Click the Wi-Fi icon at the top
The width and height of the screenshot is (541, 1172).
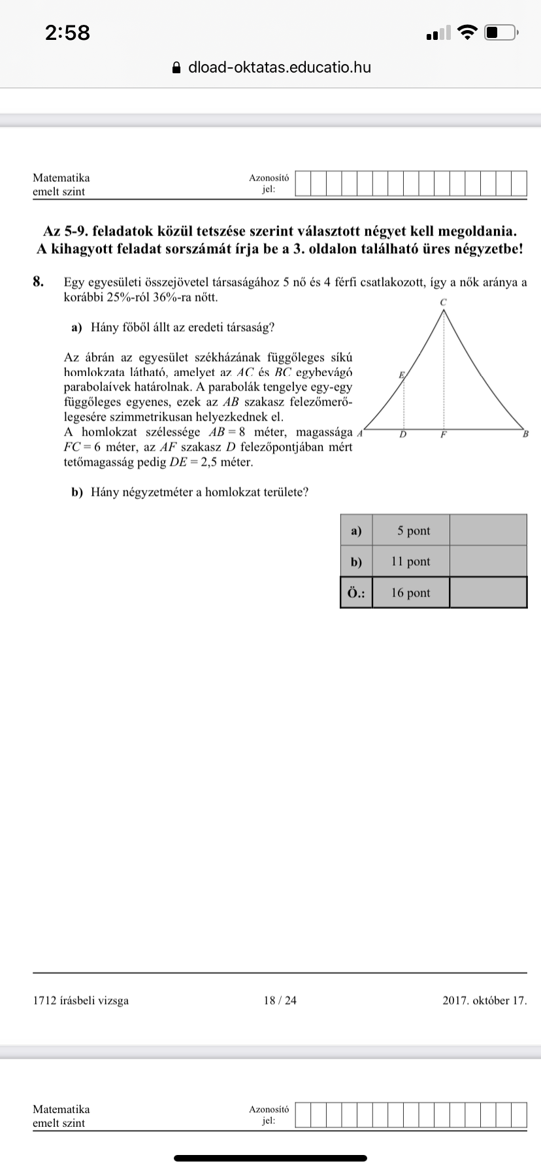point(468,31)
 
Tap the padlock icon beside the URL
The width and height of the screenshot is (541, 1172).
point(175,67)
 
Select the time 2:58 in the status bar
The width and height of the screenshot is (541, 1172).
point(67,32)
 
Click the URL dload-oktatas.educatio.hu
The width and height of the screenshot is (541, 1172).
point(279,67)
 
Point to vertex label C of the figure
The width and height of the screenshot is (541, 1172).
point(444,302)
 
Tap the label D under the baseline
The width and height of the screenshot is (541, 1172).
point(402,434)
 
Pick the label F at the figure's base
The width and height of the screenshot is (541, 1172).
point(443,434)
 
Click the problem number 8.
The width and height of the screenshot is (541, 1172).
point(39,282)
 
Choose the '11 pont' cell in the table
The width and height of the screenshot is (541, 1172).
point(410,561)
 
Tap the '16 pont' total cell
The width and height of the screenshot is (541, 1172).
point(410,593)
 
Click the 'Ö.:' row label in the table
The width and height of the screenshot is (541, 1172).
point(356,593)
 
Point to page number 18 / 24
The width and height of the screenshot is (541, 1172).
point(280,1000)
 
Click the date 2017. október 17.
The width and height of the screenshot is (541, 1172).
point(484,1000)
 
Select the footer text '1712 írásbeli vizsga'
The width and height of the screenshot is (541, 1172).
point(80,1000)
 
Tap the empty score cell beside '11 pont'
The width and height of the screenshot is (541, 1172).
point(488,561)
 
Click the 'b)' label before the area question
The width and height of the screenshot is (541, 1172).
point(78,492)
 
